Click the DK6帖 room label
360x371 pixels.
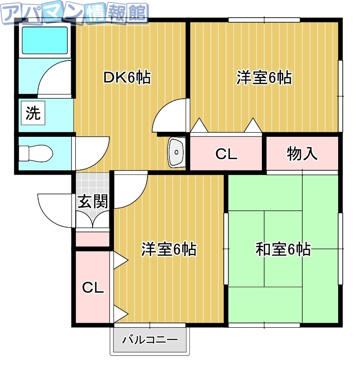[x=126, y=78]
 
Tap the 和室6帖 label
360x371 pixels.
[x=283, y=250]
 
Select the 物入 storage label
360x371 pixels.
[x=302, y=154]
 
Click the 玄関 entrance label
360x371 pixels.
[x=93, y=201]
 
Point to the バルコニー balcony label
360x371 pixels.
[x=150, y=340]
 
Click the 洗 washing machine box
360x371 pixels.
[x=33, y=114]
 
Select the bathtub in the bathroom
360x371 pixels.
[x=45, y=40]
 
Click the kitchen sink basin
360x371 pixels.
[x=177, y=151]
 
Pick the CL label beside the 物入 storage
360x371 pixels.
[x=227, y=154]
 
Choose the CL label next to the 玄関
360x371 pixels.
[x=93, y=288]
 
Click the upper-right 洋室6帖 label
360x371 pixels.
[x=264, y=78]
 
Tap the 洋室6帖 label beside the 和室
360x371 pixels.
[x=168, y=250]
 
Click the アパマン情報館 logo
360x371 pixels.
[x=74, y=13]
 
